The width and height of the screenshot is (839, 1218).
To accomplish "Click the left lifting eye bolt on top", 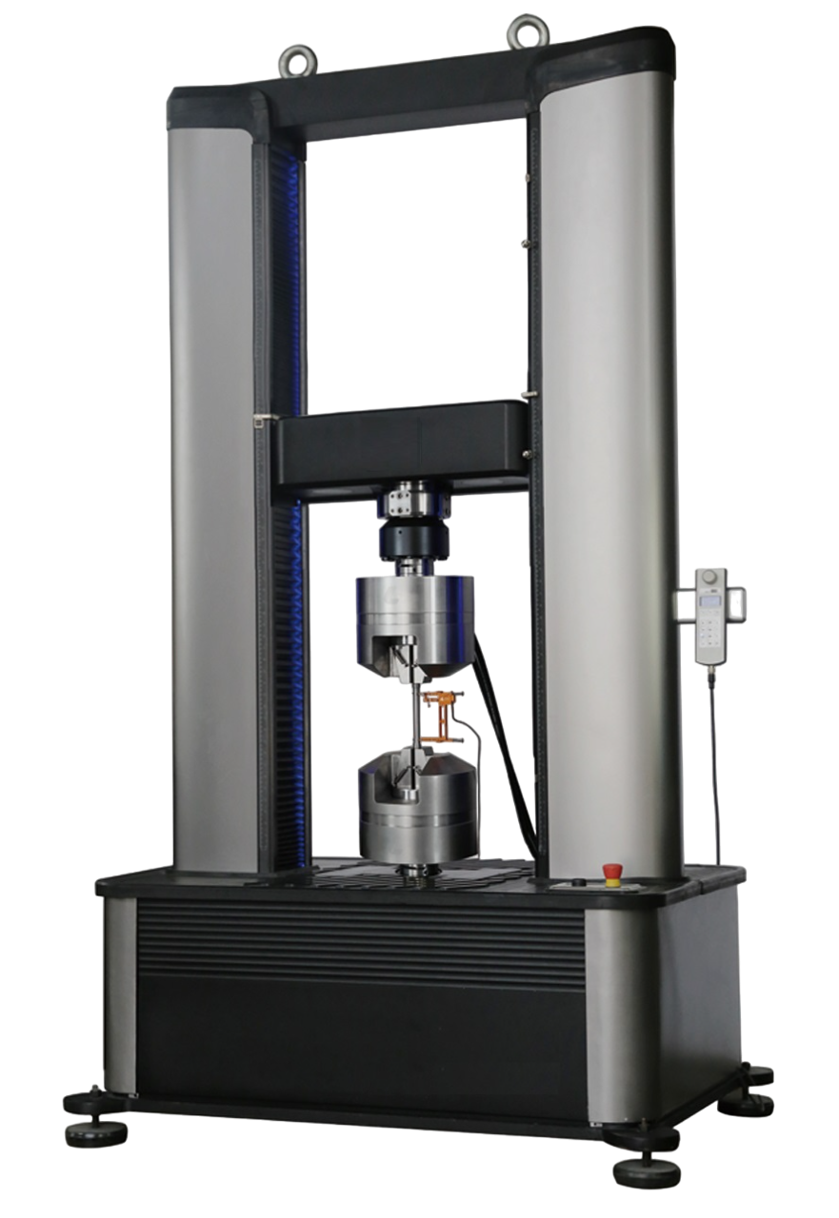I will coord(293,62).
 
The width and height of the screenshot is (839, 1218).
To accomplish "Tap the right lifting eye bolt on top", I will coord(523,31).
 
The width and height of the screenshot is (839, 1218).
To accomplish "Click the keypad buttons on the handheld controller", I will coord(710,633).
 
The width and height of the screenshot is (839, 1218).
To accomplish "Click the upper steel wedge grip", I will coord(416,619).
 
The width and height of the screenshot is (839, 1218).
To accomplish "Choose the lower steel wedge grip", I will coord(417,804).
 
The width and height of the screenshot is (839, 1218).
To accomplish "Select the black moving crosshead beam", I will coord(400,442).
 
